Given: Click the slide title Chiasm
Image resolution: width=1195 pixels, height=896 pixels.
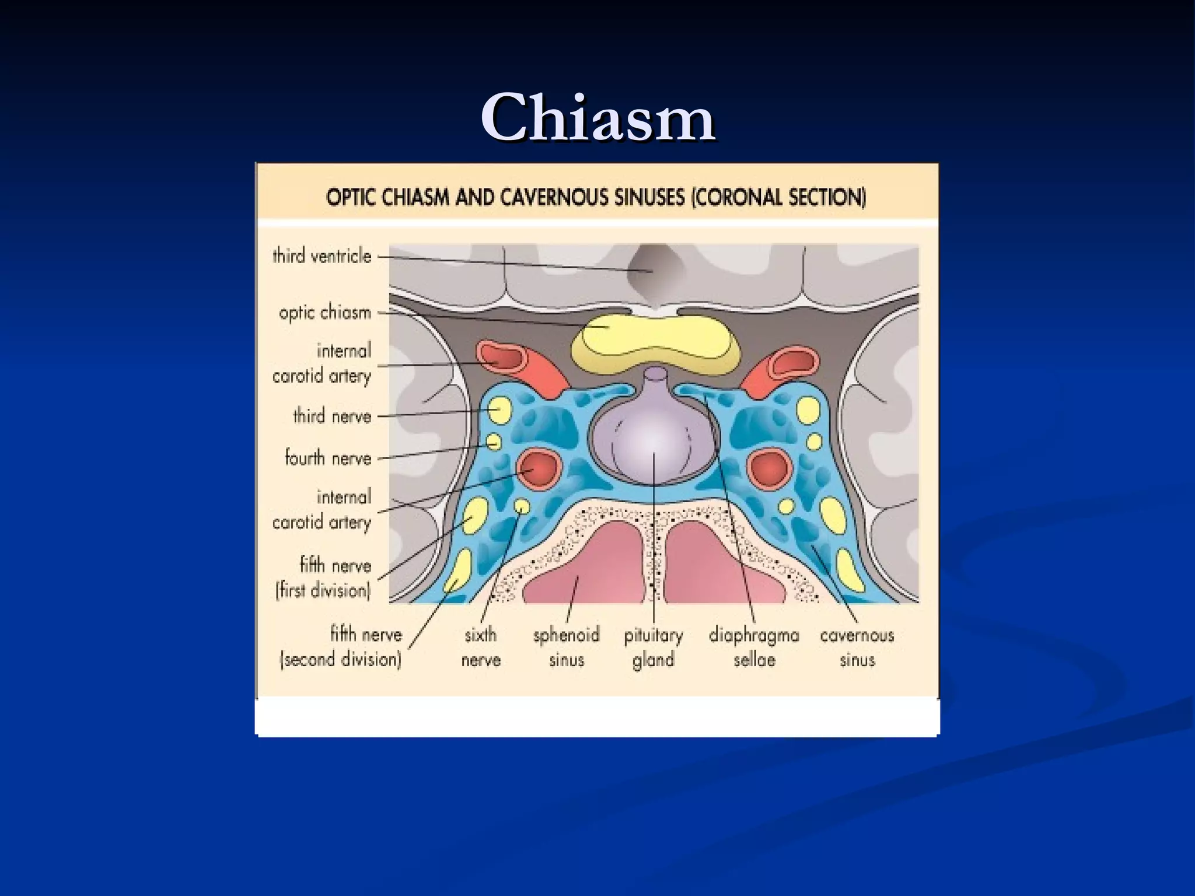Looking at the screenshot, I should tap(598, 118).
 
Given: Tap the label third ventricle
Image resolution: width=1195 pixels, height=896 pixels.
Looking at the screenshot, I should tap(322, 256).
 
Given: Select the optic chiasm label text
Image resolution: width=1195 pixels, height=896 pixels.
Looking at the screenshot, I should tap(324, 313).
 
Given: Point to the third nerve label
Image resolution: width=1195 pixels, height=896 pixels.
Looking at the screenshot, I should tap(332, 416).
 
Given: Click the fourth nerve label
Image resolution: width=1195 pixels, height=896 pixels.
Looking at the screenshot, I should tap(328, 458).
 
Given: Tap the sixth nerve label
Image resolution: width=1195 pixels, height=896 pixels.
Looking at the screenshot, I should tap(481, 647).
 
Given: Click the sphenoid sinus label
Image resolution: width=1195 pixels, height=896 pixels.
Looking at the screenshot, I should tap(566, 647).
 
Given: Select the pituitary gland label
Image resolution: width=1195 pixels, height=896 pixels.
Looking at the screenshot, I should tap(653, 647).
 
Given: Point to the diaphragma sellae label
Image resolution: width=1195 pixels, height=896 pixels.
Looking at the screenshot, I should tap(754, 647).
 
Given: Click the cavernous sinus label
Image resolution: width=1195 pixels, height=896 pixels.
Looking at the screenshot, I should tap(857, 647).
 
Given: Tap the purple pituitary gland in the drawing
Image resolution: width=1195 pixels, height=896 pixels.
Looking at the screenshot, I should tap(654, 443).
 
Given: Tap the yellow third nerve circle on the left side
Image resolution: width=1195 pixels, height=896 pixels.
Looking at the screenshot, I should tap(498, 409).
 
